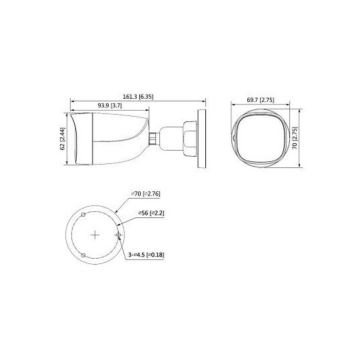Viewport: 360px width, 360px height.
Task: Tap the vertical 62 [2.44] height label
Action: point(62,139)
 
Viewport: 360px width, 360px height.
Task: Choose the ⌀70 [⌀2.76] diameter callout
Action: point(147,194)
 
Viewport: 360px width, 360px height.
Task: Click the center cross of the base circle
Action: point(94,235)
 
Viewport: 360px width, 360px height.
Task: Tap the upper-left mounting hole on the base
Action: point(82,215)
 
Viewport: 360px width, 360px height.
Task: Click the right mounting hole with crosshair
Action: point(118,235)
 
